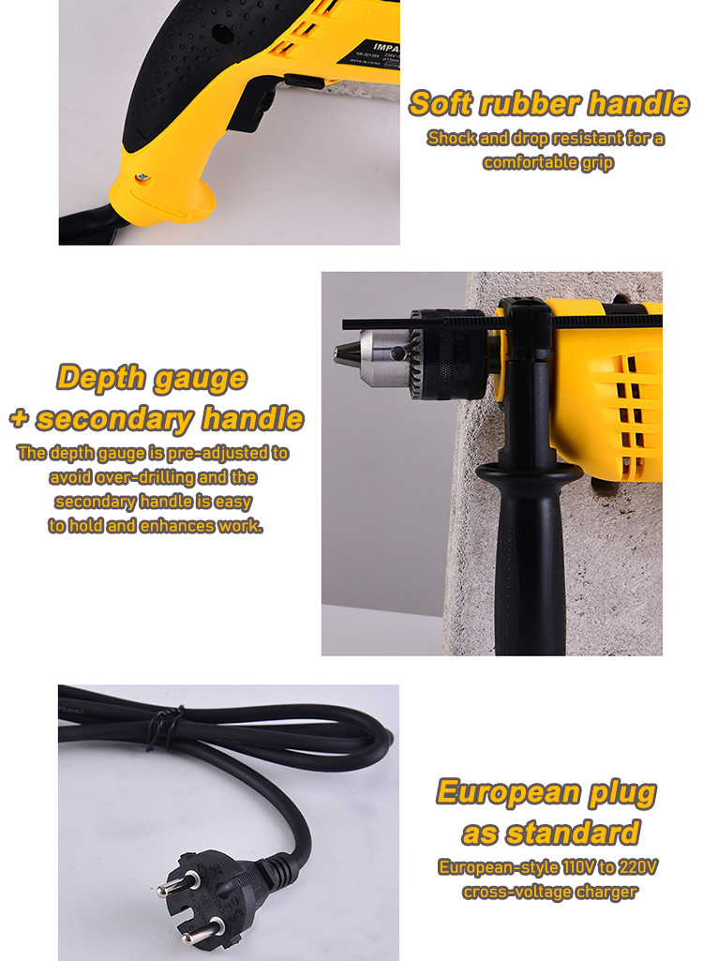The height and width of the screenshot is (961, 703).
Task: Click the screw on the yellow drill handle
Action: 142,178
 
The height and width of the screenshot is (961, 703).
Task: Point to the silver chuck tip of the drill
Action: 346,353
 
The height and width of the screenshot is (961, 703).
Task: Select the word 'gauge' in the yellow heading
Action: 200,380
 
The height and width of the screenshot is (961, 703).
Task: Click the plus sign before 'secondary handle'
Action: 20,418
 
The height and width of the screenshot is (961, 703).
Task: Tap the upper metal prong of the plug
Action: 172,884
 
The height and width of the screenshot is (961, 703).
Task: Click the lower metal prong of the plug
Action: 200,930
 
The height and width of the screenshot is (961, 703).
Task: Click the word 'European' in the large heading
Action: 508,792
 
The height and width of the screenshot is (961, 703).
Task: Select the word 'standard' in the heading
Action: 573,833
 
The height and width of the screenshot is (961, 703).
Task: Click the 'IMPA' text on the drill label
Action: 386,47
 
